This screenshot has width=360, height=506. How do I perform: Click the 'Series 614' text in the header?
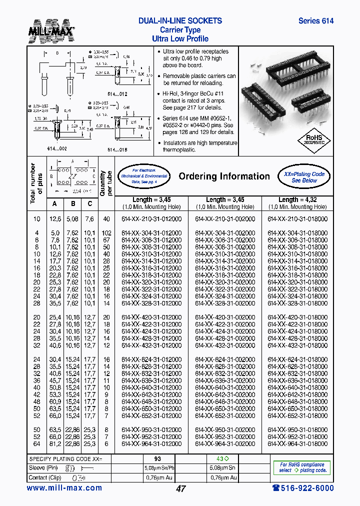pyautogui.click(x=315, y=21)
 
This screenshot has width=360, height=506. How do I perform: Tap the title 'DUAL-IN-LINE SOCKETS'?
pyautogui.click(x=180, y=21)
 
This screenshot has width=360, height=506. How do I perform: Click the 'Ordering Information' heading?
pyautogui.click(x=224, y=176)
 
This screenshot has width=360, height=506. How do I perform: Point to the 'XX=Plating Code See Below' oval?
pyautogui.click(x=304, y=177)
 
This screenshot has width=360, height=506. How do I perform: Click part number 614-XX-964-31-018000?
pyautogui.click(x=297, y=443)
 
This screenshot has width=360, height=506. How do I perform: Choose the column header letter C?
pyautogui.click(x=89, y=203)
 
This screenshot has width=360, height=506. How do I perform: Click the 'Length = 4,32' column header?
pyautogui.click(x=297, y=199)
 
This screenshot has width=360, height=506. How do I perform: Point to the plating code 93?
pyautogui.click(x=158, y=459)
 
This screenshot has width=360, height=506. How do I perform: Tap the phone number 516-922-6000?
pyautogui.click(x=302, y=488)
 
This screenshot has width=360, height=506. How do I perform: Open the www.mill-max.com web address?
pyautogui.click(x=64, y=488)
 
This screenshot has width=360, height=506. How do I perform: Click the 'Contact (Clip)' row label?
pyautogui.click(x=45, y=477)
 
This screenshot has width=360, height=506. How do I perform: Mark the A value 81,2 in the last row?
pyautogui.click(x=55, y=443)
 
